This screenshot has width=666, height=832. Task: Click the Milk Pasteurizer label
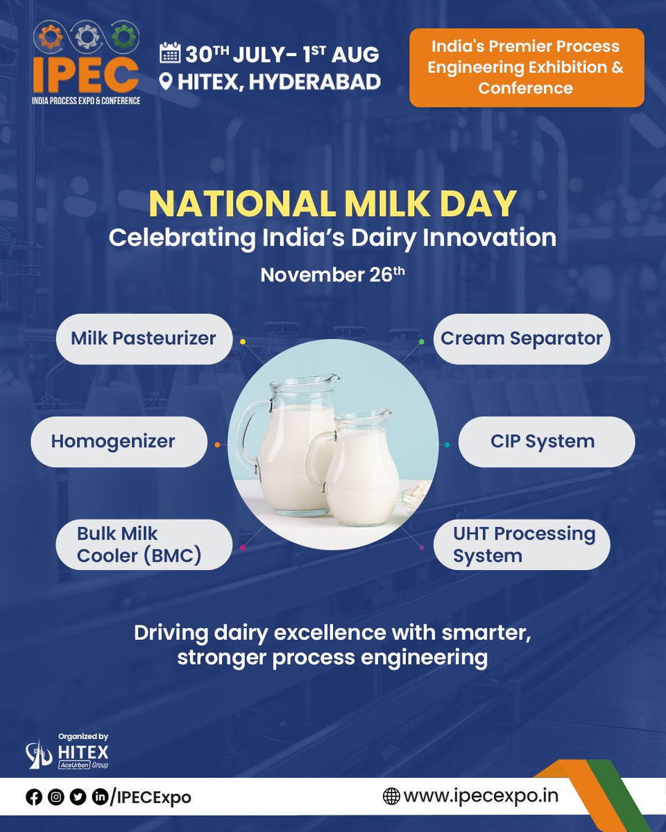[x=144, y=339]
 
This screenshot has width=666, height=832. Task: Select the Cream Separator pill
[x=521, y=339]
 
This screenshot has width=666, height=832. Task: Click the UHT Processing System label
[x=521, y=544]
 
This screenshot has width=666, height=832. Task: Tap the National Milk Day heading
[x=332, y=203]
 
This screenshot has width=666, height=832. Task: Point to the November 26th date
[x=332, y=275]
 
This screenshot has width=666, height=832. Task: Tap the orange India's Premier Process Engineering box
[x=526, y=68]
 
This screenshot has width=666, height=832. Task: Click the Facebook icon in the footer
[x=34, y=797]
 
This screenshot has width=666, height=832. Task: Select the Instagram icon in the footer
[x=56, y=797]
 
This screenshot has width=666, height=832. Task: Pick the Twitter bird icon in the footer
[x=78, y=797]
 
